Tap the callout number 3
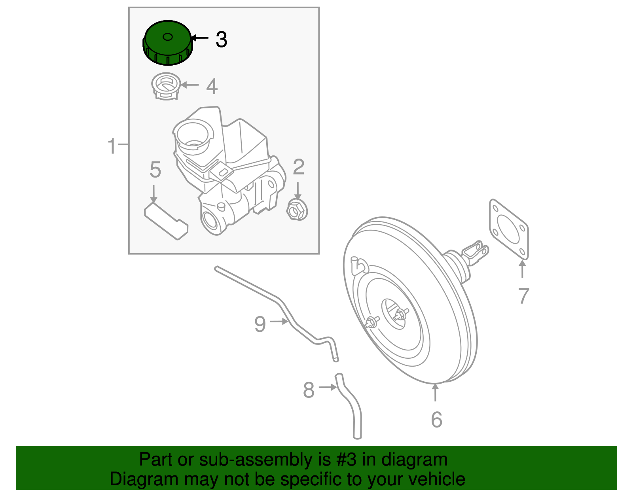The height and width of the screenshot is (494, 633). click(x=221, y=40)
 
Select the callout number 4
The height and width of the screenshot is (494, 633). click(x=212, y=86)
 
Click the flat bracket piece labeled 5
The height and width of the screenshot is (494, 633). click(x=166, y=221)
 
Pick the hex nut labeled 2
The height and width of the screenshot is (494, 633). click(x=297, y=210)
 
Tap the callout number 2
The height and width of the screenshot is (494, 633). click(x=298, y=167)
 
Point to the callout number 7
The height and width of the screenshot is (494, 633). click(x=523, y=296)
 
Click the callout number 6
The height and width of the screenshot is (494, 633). click(x=436, y=419)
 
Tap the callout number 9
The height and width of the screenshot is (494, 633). click(x=260, y=324)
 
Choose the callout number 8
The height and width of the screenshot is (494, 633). click(x=309, y=390)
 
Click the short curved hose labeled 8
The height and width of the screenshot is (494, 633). click(x=350, y=407)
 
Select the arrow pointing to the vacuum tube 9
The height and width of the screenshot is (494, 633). click(x=279, y=322)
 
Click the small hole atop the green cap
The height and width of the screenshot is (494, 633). click(x=167, y=37)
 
